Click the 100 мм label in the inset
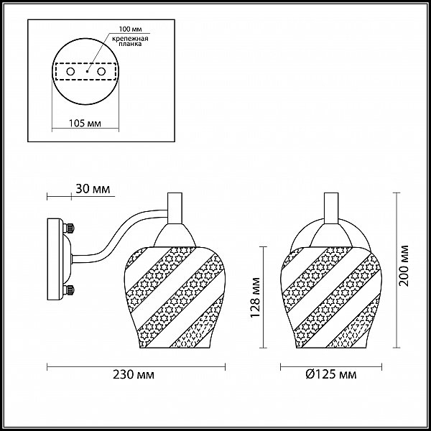tap(131, 29)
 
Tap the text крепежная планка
tap(130, 41)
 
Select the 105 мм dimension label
tap(85, 124)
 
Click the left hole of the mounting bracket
tap(70, 72)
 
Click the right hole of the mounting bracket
tap(101, 72)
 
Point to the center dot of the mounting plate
tap(87, 71)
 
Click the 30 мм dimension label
tap(93, 189)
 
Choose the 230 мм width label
tap(134, 375)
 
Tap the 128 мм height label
tap(256, 297)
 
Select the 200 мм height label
tap(404, 266)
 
